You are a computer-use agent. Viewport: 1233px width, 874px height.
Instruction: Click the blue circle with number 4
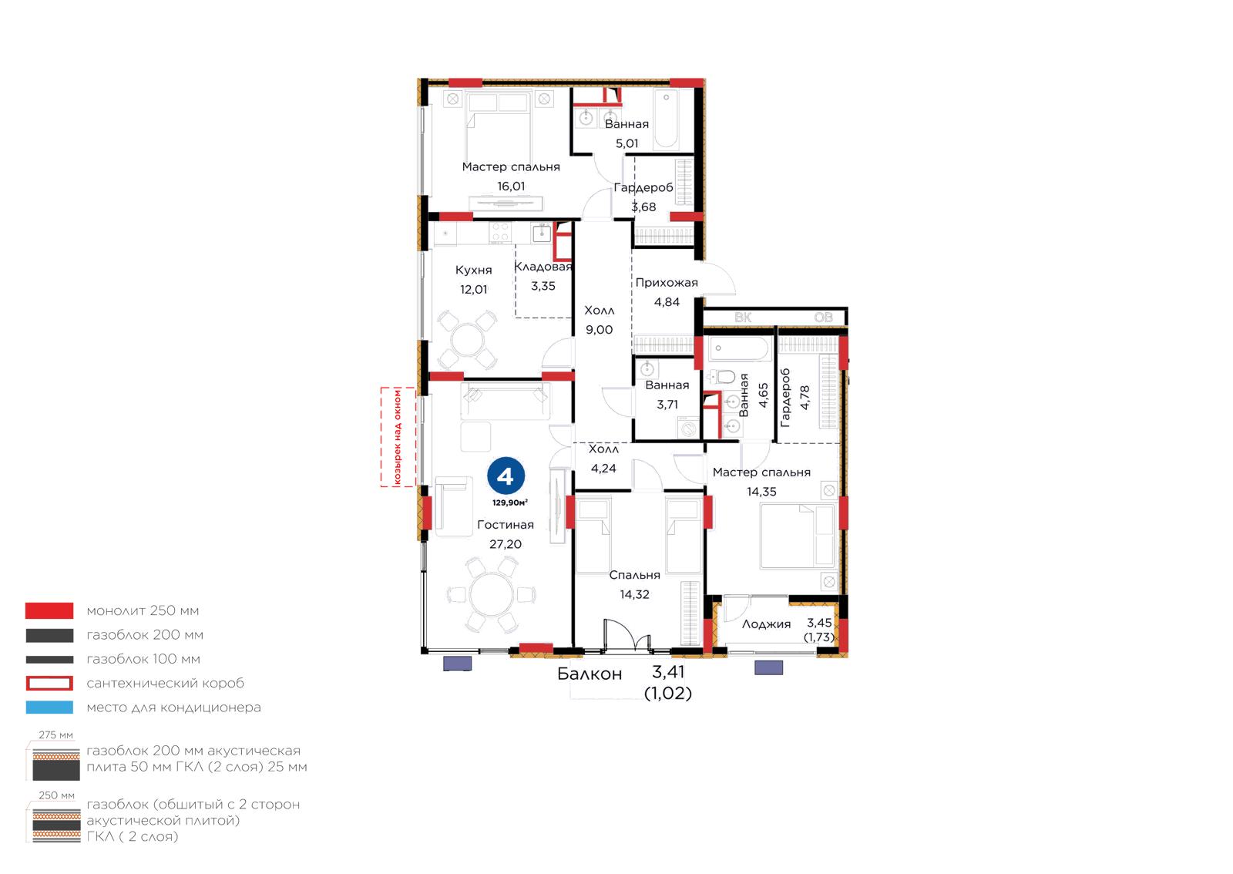click(506, 476)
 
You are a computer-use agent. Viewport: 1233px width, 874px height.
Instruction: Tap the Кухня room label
click(473, 271)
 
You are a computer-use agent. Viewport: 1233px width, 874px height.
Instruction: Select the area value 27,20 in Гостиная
click(506, 544)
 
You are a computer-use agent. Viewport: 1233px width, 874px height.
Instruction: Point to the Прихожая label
click(667, 283)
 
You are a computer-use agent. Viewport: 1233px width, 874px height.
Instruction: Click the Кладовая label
click(543, 267)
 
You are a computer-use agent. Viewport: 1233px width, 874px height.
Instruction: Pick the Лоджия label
click(766, 624)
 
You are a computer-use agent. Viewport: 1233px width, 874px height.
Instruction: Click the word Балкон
click(590, 674)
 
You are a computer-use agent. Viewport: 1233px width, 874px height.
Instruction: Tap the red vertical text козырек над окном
click(398, 437)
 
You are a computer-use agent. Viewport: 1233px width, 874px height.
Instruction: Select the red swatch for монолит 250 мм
click(49, 610)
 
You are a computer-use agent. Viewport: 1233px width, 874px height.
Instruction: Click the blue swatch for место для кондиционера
click(49, 708)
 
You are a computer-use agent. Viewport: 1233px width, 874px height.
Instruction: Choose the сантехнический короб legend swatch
click(49, 683)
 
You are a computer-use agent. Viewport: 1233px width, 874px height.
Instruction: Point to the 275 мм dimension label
click(55, 735)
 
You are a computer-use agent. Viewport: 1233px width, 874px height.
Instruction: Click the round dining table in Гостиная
click(492, 594)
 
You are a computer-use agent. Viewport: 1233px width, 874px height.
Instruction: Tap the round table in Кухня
click(467, 340)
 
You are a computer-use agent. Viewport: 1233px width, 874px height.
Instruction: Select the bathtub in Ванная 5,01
click(666, 119)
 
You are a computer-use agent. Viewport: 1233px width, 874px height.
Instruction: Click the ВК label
click(743, 318)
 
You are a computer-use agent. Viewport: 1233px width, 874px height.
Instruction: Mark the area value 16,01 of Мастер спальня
click(511, 187)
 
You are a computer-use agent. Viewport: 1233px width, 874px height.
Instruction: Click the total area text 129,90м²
click(510, 503)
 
